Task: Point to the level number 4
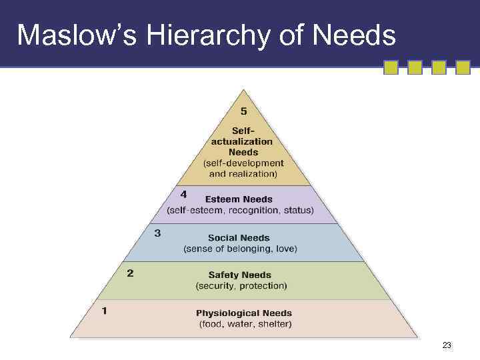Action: pos(184,194)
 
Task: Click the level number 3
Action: pos(157,233)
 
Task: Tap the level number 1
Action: pos(104,311)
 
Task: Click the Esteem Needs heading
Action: pos(239,199)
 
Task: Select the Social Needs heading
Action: pos(239,237)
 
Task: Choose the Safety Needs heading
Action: pos(240,275)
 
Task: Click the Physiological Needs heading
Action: pos(244,313)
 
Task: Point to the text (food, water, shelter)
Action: pos(245,325)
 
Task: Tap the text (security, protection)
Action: pos(241,286)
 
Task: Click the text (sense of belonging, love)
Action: pos(241,249)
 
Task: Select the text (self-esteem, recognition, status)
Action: pos(241,211)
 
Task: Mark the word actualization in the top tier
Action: pos(242,141)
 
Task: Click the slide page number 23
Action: pos(447,345)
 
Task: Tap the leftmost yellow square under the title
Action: pos(391,67)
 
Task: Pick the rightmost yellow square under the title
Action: pos(463,67)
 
